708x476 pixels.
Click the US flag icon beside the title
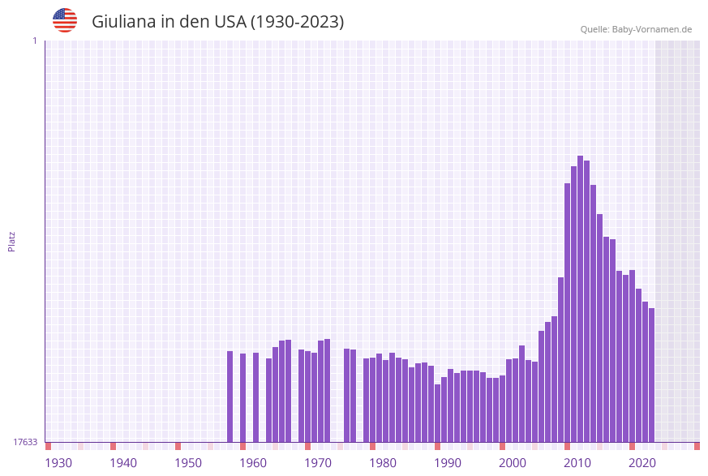pos(65,20)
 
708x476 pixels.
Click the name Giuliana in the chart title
pos(123,22)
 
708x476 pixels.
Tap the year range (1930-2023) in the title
pos(297,22)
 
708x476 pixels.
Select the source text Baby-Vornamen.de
pos(651,29)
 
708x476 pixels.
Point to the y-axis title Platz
pos(11,241)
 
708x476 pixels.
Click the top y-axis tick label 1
pos(34,41)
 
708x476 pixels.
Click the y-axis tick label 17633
pos(25,442)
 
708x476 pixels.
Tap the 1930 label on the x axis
pos(58,463)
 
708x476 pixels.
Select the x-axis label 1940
pos(123,463)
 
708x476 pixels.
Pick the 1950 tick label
pos(188,463)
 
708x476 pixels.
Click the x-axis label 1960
pos(253,463)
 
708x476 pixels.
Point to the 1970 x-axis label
pos(318,463)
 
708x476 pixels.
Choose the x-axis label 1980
pos(383,463)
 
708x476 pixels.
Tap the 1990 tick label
pos(448,463)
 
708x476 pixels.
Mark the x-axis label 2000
pos(513,463)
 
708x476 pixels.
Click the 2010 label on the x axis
pos(577,463)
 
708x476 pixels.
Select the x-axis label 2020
pos(642,463)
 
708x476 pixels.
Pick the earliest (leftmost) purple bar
pos(230,397)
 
